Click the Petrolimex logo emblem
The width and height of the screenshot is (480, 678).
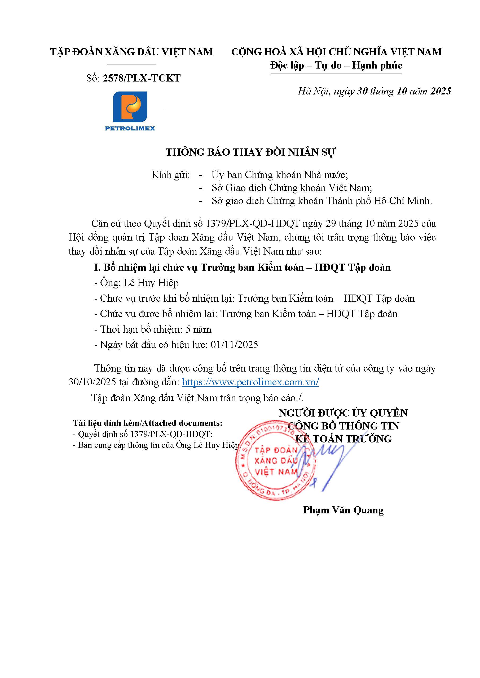[130, 107]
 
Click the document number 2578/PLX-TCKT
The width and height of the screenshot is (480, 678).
[142, 78]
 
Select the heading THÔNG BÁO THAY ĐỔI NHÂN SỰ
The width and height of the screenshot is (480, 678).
[251, 152]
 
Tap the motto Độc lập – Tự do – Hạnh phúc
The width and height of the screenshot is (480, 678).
[336, 65]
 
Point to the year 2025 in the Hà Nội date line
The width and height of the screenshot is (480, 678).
[441, 91]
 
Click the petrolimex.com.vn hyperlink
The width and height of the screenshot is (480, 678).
[250, 382]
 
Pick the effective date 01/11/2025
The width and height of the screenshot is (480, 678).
[234, 345]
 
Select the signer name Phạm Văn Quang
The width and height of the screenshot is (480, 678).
[343, 510]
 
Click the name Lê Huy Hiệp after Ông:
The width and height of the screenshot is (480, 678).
[151, 283]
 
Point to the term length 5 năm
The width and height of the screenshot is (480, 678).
[199, 329]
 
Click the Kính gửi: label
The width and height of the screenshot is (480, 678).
[171, 175]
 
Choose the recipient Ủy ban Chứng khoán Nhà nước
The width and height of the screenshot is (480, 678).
[279, 175]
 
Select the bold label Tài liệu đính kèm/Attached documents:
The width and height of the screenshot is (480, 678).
[148, 423]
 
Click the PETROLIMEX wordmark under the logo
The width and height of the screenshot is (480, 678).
[130, 128]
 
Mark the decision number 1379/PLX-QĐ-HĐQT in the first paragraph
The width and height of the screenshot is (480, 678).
[253, 224]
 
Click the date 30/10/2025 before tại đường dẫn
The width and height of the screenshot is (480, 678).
[92, 382]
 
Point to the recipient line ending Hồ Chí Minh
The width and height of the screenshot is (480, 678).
[322, 201]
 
